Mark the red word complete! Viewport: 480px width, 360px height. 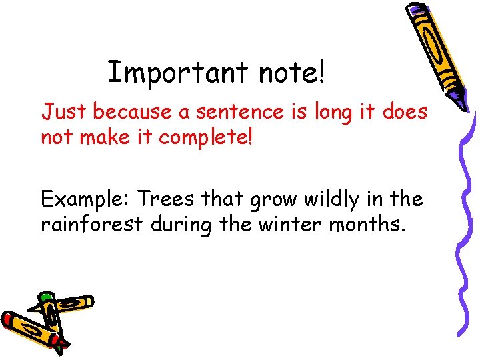[x=208, y=139]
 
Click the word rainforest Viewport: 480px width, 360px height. [x=92, y=225]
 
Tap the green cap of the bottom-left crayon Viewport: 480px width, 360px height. [x=45, y=297]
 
